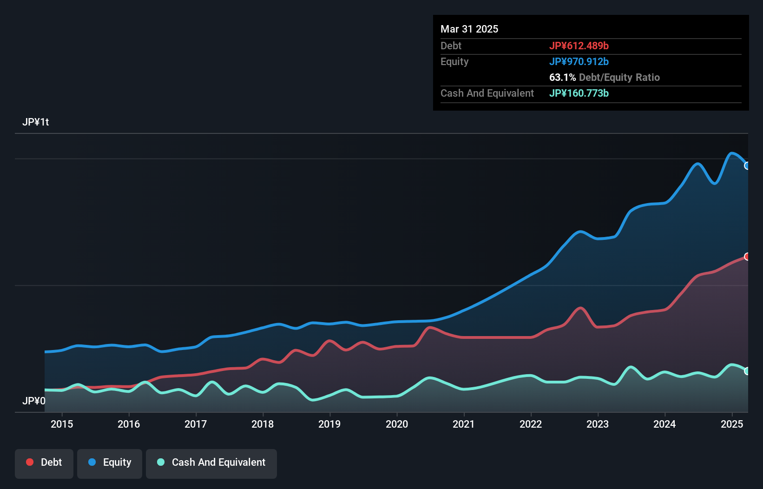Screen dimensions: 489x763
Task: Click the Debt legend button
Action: click(x=44, y=463)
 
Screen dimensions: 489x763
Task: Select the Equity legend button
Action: click(x=110, y=463)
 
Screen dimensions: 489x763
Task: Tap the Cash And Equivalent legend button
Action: click(x=211, y=463)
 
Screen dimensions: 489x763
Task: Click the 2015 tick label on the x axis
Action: click(x=62, y=424)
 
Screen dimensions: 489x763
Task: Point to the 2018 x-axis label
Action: click(x=263, y=424)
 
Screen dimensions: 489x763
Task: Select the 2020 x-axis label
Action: click(x=397, y=424)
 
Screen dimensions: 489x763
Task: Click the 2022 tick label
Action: click(x=531, y=424)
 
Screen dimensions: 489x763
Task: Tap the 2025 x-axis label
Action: click(x=732, y=424)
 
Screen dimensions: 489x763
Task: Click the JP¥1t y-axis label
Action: click(x=36, y=122)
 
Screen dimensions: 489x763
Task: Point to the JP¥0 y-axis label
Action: click(x=34, y=401)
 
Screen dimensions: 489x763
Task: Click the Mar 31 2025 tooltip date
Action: click(x=469, y=29)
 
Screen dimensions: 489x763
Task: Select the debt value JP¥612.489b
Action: click(x=579, y=46)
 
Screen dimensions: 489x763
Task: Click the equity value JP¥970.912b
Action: click(x=579, y=61)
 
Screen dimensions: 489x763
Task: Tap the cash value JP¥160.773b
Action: click(x=579, y=93)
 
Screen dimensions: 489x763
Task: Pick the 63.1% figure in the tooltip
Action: click(x=562, y=77)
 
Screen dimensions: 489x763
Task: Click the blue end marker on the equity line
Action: click(x=747, y=166)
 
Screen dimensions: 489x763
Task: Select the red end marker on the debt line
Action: click(x=747, y=257)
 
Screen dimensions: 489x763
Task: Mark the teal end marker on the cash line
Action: click(x=747, y=371)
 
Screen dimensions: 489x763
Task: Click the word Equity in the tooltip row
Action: click(x=454, y=61)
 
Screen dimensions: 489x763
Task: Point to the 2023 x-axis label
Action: click(x=598, y=424)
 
